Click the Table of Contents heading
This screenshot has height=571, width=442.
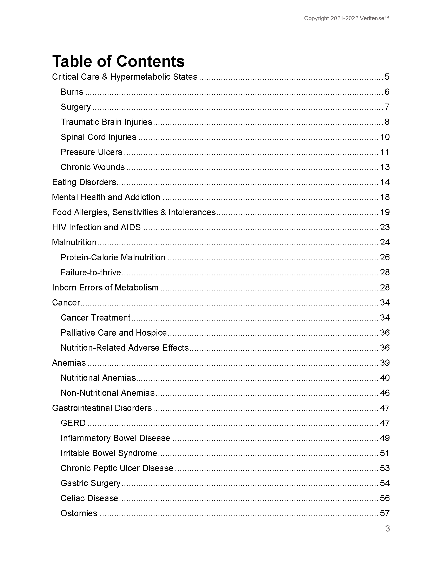(118, 61)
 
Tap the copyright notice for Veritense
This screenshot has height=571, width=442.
(346, 18)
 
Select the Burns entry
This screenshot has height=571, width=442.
(72, 92)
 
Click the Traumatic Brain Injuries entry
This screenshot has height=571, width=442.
(106, 122)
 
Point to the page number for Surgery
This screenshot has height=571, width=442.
(387, 107)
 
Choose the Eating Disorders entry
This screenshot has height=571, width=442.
(84, 182)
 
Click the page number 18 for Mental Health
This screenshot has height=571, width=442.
(385, 197)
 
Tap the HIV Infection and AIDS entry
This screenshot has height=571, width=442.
(96, 227)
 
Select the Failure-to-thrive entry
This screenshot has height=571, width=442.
(91, 273)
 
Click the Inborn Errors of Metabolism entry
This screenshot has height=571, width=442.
(105, 288)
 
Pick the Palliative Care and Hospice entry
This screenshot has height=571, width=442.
(114, 332)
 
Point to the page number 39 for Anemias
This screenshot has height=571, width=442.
(385, 363)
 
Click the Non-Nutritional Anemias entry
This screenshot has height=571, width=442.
(108, 393)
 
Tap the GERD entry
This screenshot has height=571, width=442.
(73, 423)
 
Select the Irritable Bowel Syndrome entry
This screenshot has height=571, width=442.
(109, 453)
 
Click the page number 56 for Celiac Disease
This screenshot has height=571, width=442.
(385, 498)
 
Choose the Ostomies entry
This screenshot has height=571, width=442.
(79, 513)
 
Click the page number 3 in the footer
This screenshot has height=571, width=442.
(388, 528)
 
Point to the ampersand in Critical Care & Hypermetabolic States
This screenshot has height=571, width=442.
(105, 77)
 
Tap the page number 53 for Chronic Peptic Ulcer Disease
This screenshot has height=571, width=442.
(385, 468)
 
